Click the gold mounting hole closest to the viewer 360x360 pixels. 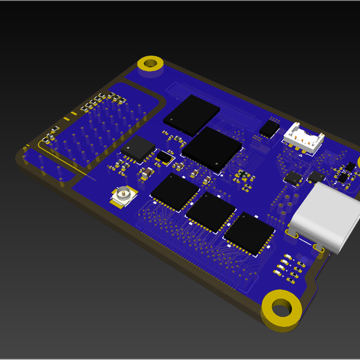click(280, 309)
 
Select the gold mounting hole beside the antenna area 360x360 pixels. click(151, 63)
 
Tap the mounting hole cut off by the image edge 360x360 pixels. click(358, 162)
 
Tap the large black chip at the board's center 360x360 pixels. click(213, 147)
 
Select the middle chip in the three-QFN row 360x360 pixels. click(211, 212)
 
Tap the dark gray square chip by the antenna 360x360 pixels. click(138, 148)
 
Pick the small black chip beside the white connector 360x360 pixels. click(269, 127)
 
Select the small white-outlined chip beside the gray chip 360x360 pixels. click(164, 157)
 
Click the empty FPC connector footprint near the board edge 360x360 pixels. click(210, 96)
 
